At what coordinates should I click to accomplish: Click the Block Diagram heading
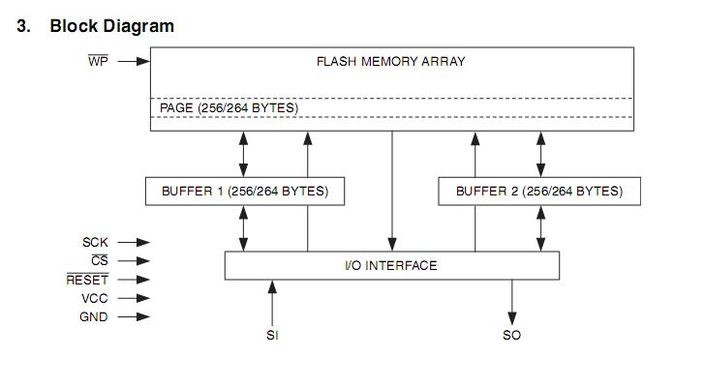(111, 26)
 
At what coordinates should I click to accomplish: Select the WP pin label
(98, 61)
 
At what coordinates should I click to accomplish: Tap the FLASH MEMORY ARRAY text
(391, 61)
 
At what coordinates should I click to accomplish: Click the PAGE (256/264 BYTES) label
(229, 107)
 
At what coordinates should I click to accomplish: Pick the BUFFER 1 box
(243, 192)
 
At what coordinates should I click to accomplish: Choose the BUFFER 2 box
(539, 192)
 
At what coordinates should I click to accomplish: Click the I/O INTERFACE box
(391, 265)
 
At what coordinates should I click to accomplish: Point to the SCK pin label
(95, 242)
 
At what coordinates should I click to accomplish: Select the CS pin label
(100, 260)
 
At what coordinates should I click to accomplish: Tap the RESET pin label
(87, 280)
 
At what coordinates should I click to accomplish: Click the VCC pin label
(94, 298)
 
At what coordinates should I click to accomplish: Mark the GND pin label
(93, 316)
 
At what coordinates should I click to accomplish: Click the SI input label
(272, 336)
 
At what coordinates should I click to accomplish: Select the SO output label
(511, 336)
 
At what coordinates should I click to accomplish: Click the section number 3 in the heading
(22, 26)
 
